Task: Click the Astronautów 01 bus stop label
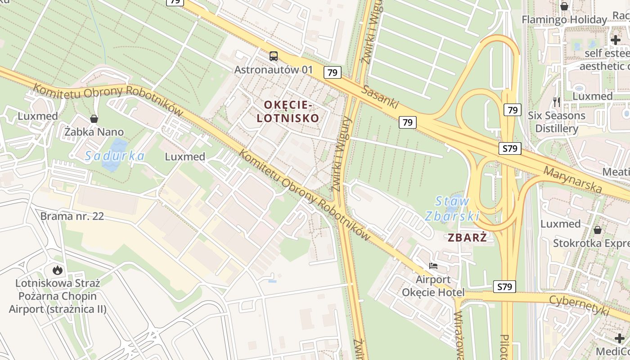pos(273,70)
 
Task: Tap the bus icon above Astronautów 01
pos(274,56)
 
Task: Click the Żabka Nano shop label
pos(94,132)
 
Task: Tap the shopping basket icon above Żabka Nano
pos(94,119)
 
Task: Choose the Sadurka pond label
pos(115,156)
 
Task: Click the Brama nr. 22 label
pos(72,216)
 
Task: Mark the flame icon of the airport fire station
pos(58,270)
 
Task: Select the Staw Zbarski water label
pos(452,208)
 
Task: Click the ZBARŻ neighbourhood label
pos(468,238)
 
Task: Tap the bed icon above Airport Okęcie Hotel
pos(433,266)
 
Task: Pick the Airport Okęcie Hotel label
pos(433,286)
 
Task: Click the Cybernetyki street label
pos(579,306)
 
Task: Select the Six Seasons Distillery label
pos(557,122)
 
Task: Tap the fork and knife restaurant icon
pos(557,102)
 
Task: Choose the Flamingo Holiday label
pos(564,20)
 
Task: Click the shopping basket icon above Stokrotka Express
pos(598,230)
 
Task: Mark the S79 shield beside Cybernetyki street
pos(504,287)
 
